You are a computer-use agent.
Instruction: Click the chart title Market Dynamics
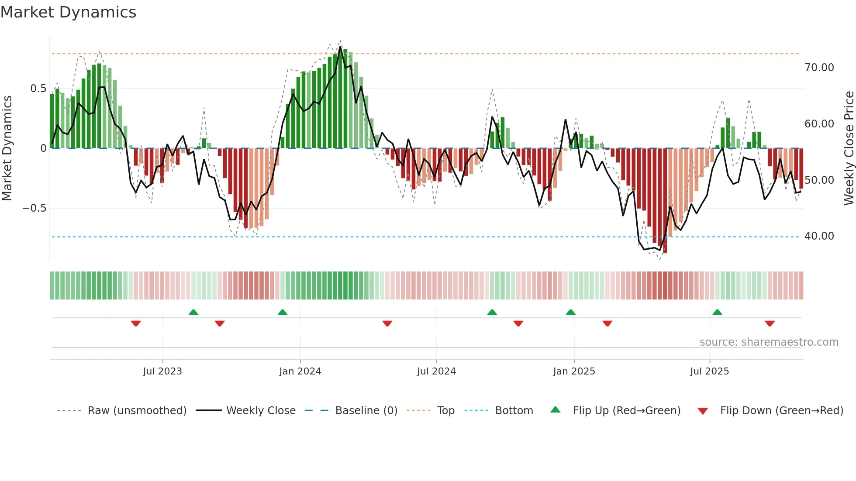tap(69, 12)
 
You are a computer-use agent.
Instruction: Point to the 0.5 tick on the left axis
tap(38, 89)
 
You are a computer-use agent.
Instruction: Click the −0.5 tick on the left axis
tap(34, 208)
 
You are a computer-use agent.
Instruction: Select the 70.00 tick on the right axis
tap(819, 68)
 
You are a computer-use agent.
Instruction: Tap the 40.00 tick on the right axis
tap(819, 236)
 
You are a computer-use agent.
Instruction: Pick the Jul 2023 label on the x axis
tap(162, 371)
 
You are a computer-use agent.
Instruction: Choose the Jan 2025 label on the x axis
tap(574, 371)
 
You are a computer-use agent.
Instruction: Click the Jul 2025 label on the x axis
tap(709, 371)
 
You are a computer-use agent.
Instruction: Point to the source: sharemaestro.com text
tap(769, 342)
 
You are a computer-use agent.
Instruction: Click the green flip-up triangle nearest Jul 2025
tap(717, 313)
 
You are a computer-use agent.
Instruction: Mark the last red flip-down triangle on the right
tap(770, 323)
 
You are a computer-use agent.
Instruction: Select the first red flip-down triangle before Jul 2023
tap(136, 323)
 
